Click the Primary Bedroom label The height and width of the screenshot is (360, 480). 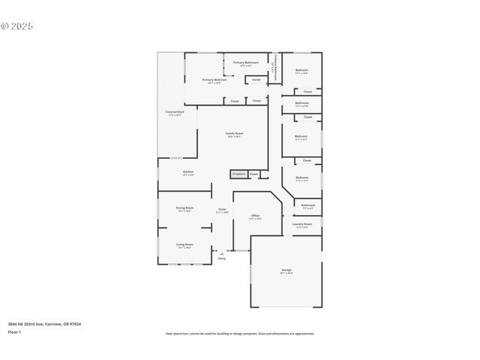[x=214, y=79]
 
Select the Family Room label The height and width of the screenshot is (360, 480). [x=235, y=133]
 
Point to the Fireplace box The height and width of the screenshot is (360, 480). [x=238, y=174]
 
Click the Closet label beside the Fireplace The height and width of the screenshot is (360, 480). [x=254, y=174]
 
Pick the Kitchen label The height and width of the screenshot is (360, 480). [x=188, y=172]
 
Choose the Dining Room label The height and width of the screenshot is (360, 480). [x=184, y=208]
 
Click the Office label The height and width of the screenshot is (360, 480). [x=255, y=216]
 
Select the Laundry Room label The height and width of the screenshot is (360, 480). [x=302, y=224]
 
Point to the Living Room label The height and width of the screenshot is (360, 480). [x=184, y=244]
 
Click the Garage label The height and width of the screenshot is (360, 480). [x=286, y=270]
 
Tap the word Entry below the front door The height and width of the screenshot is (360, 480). [x=222, y=259]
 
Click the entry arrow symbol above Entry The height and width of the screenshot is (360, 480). [x=222, y=253]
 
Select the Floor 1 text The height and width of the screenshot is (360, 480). [x=15, y=331]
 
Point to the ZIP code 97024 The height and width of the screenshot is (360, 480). [x=75, y=324]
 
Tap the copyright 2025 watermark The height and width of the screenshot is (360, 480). [x=16, y=26]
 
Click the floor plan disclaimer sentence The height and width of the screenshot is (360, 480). [x=240, y=334]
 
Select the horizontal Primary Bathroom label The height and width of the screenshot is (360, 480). [x=246, y=62]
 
